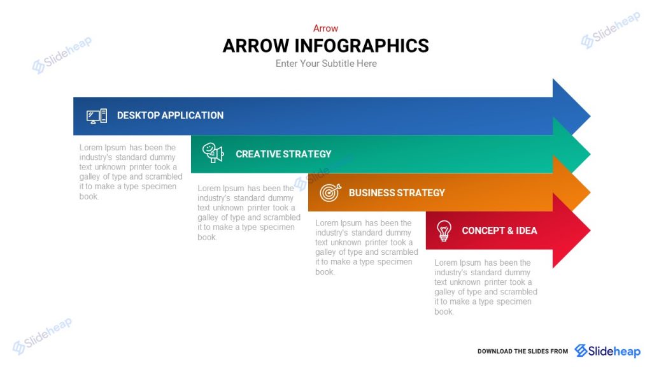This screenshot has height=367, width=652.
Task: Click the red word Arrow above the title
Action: pyautogui.click(x=325, y=28)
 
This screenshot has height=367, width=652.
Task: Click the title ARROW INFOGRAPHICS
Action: pyautogui.click(x=325, y=46)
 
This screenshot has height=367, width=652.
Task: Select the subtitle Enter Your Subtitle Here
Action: pyautogui.click(x=326, y=64)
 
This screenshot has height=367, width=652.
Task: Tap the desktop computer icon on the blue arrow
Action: pyautogui.click(x=97, y=116)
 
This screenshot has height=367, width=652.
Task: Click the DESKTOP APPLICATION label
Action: pyautogui.click(x=170, y=115)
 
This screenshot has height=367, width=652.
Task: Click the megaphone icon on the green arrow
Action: pyautogui.click(x=213, y=153)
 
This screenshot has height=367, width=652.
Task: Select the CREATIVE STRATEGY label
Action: pyautogui.click(x=283, y=154)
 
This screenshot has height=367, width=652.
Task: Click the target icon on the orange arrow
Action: pyautogui.click(x=330, y=192)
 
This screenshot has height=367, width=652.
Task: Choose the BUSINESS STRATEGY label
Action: pyautogui.click(x=397, y=192)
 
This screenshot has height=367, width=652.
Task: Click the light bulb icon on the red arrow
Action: pyautogui.click(x=444, y=230)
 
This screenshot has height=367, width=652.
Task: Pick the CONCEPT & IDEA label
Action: pyautogui.click(x=499, y=231)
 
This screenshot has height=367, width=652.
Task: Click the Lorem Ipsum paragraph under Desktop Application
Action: pyautogui.click(x=131, y=172)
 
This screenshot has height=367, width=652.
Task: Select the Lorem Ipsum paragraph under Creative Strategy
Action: pyautogui.click(x=248, y=213)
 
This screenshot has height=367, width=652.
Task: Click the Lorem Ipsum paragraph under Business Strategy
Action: pyautogui.click(x=366, y=247)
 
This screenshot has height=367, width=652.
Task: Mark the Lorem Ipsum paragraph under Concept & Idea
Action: pyautogui.click(x=485, y=287)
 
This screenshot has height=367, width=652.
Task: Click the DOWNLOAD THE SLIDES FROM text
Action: pyautogui.click(x=522, y=351)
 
